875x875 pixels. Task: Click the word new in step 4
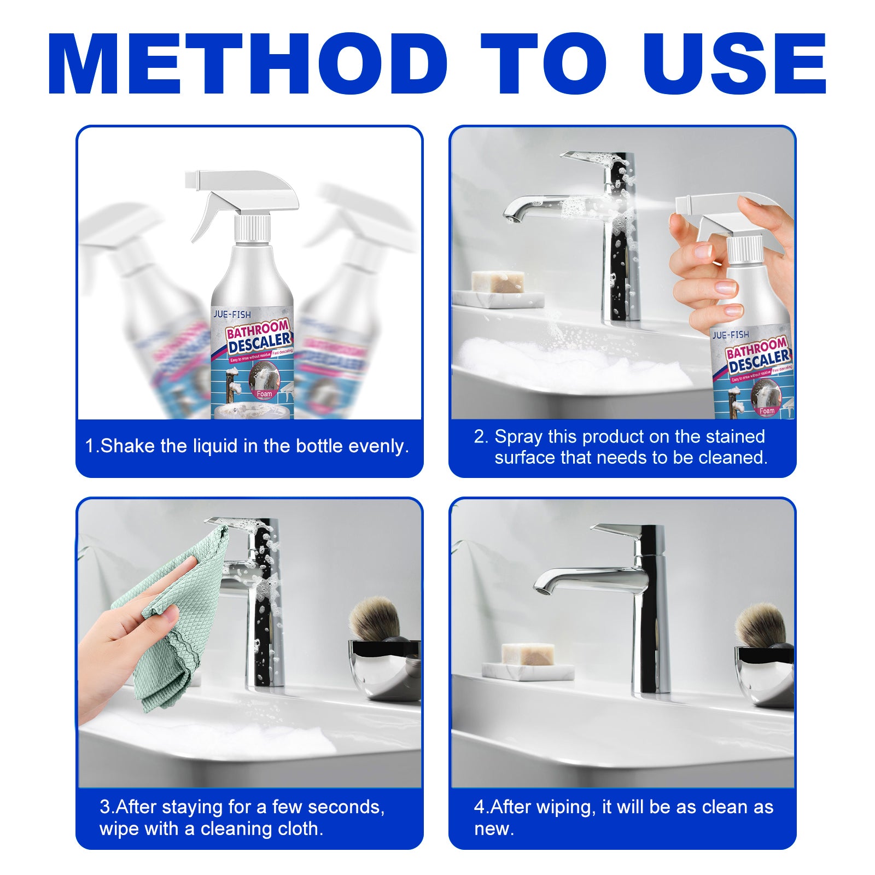coord(492,829)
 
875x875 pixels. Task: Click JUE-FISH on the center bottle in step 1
coord(232,314)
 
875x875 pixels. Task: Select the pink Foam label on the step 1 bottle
coord(264,394)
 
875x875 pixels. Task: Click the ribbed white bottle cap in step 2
coord(744,249)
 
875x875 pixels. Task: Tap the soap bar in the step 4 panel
coord(528,654)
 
